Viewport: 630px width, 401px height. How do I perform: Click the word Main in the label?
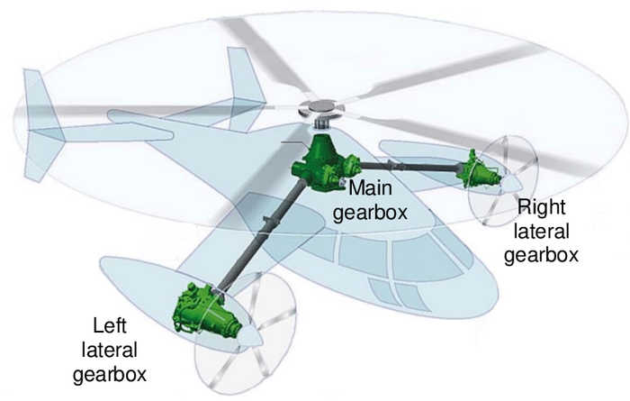click(x=369, y=188)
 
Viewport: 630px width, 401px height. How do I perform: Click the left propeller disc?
click(x=243, y=333)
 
